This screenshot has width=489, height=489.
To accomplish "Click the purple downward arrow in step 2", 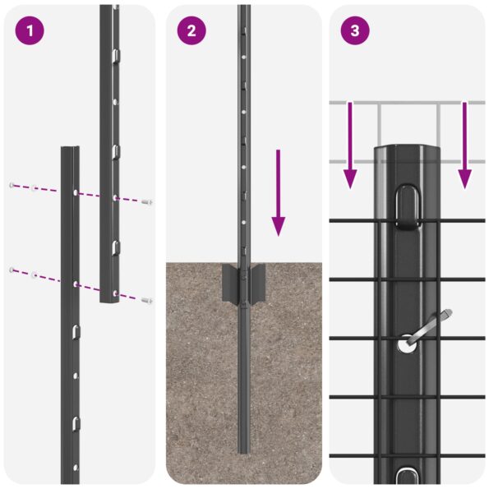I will pyautogui.click(x=279, y=193).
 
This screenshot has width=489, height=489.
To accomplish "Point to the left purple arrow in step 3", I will pyautogui.click(x=350, y=145).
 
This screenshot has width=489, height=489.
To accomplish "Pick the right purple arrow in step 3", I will pyautogui.click(x=464, y=145).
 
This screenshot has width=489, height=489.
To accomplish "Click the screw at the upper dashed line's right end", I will pyautogui.click(x=147, y=201).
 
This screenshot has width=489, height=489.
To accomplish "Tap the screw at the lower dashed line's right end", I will pyautogui.click(x=146, y=301).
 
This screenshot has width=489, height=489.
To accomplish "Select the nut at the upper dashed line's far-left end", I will pyautogui.click(x=12, y=185).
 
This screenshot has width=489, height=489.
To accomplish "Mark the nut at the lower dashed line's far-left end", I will pyautogui.click(x=12, y=270).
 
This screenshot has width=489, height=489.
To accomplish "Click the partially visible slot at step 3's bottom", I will pyautogui.click(x=407, y=475).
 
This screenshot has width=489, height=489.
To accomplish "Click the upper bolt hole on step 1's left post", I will pyautogui.click(x=75, y=191).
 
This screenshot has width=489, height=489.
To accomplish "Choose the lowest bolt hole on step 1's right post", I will pyautogui.click(x=114, y=291).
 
